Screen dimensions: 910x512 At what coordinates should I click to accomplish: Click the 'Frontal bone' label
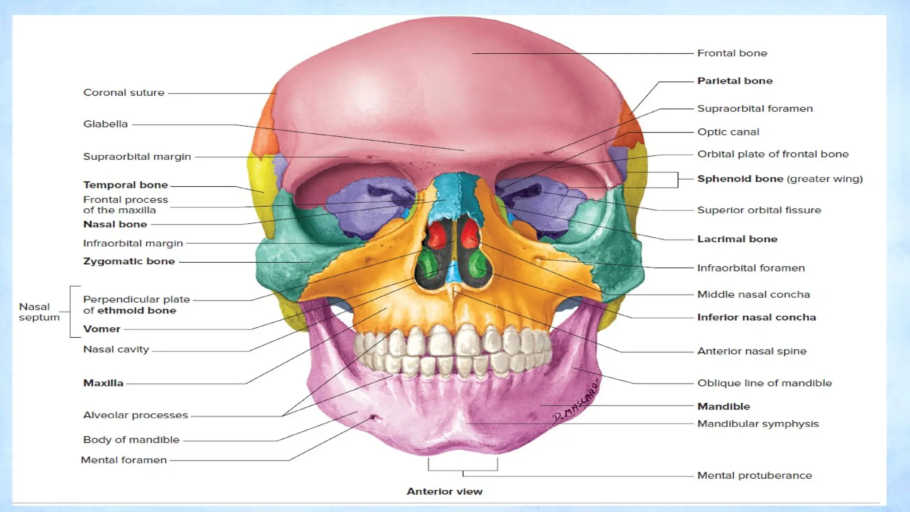732,53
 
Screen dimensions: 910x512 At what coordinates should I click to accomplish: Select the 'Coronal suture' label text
124,93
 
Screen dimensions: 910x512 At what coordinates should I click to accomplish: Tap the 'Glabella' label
105,124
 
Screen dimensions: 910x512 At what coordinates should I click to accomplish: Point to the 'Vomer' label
102,329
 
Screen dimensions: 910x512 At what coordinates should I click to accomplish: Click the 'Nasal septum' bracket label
39,312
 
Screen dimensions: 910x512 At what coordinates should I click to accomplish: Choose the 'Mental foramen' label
124,460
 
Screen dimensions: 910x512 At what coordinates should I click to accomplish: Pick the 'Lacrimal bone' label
737,239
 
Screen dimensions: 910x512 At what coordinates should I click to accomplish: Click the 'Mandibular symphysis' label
758,424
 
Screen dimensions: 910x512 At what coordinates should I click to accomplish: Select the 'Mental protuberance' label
754,476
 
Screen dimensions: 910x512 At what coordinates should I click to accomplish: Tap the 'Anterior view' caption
444,492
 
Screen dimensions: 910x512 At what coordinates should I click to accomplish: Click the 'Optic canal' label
728,132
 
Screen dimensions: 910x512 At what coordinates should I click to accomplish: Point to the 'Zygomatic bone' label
129,261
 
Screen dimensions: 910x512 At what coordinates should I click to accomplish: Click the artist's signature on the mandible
575,402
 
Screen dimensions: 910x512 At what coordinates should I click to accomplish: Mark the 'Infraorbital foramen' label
750,268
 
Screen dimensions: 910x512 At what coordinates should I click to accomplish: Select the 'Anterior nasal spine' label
751,351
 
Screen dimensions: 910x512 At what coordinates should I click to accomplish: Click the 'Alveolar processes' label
136,415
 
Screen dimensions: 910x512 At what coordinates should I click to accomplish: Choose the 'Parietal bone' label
734,81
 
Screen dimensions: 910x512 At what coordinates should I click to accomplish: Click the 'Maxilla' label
103,383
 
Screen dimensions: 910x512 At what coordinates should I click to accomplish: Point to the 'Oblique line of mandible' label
764,383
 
